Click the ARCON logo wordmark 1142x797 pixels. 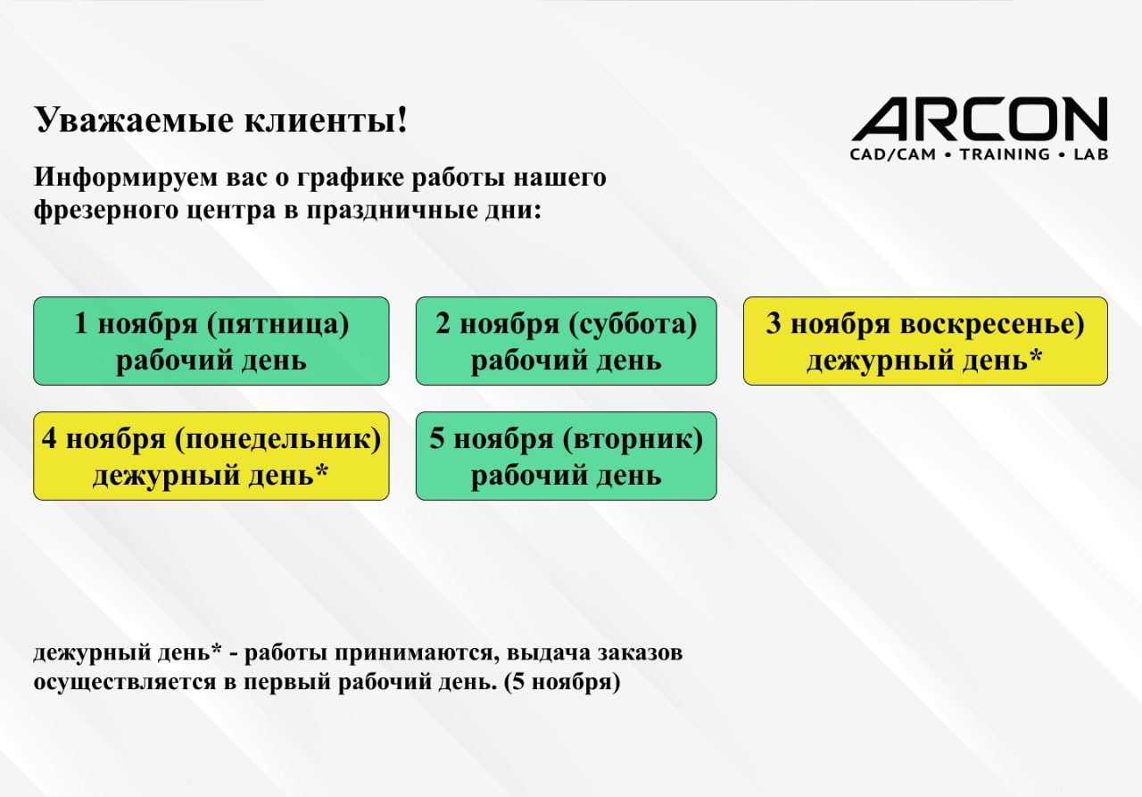click(980, 119)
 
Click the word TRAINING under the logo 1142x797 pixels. click(1005, 154)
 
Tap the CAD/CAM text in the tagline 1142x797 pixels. click(893, 154)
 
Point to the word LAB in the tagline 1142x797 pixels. click(1090, 154)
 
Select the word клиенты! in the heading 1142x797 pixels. click(327, 120)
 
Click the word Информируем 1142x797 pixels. click(126, 178)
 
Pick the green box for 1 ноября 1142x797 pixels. click(211, 341)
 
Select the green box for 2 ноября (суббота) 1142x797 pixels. click(566, 341)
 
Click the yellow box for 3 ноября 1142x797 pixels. click(925, 341)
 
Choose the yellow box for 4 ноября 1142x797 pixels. click(211, 456)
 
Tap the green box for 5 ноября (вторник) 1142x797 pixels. click(566, 456)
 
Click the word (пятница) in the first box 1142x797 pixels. click(277, 324)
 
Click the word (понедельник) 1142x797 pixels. click(277, 439)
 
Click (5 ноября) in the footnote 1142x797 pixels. click(562, 682)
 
